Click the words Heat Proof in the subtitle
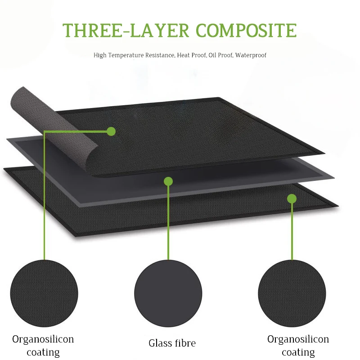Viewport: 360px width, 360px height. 190,55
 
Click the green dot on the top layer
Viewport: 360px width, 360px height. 111,131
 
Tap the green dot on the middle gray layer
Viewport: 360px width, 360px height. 168,181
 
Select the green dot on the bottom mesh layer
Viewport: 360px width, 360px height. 292,198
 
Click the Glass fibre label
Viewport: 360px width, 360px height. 172,343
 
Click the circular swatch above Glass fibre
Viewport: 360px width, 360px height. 168,295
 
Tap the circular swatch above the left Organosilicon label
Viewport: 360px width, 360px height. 44,295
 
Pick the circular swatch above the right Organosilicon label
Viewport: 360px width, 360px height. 292,295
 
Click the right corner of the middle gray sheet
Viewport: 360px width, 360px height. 332,176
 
